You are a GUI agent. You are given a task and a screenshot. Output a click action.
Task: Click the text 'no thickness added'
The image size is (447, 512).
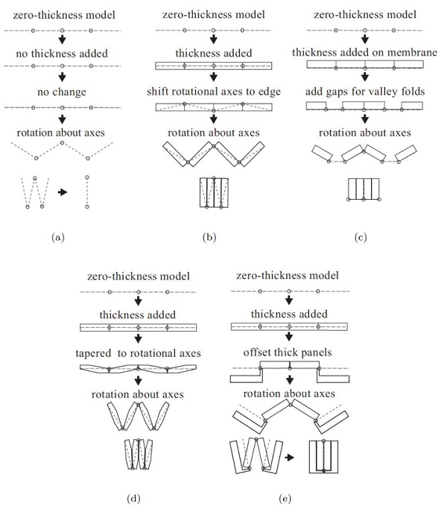pos(62,54)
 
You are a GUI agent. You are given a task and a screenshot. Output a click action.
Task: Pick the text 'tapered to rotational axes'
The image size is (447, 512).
pos(139,353)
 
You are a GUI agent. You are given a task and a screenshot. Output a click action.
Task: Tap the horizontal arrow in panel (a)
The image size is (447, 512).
pos(63,192)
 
